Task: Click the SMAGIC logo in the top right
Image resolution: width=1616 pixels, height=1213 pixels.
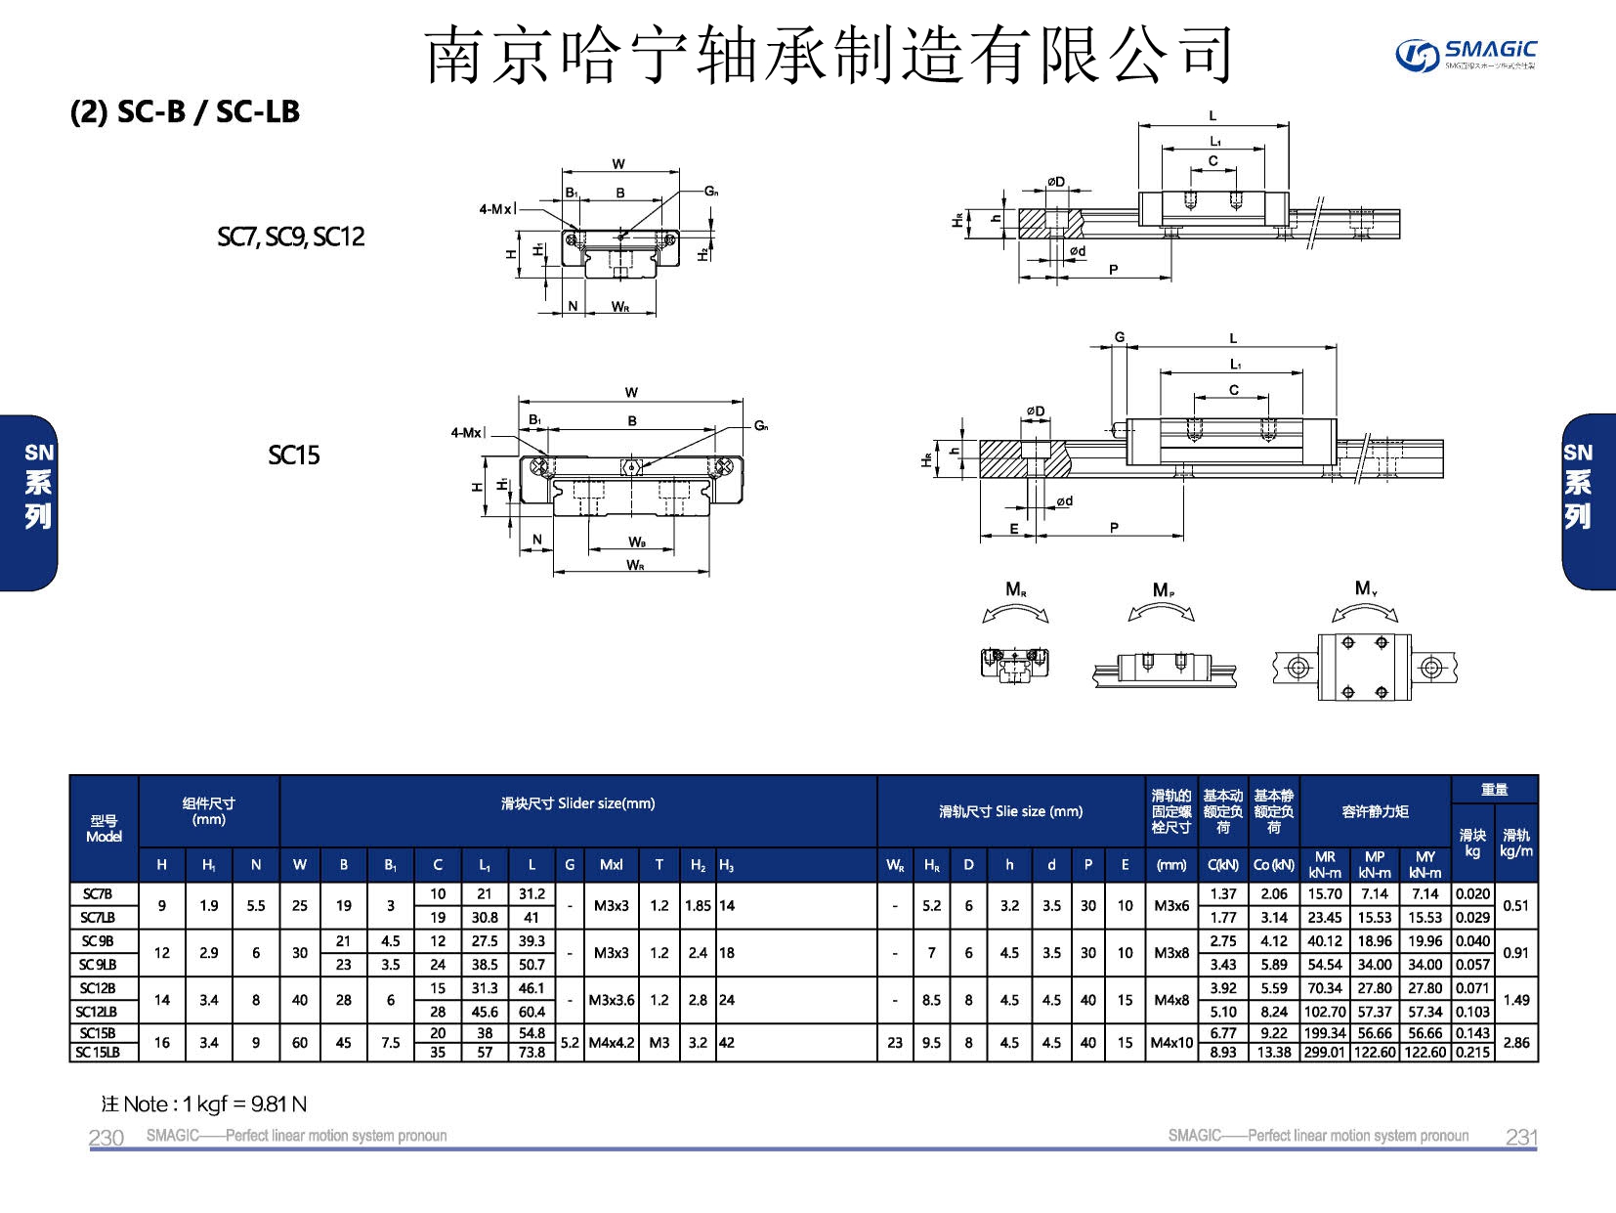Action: (1465, 54)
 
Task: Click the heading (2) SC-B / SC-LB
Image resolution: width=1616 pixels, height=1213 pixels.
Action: (185, 111)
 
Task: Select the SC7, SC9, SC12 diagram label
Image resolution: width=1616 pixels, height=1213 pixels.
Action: (290, 237)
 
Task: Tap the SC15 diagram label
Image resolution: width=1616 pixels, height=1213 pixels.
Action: (293, 455)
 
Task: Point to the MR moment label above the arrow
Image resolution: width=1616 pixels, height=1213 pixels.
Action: (1015, 589)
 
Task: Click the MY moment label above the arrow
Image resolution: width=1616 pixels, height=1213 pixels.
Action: (1365, 588)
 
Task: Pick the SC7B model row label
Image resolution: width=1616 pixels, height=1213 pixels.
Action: (98, 893)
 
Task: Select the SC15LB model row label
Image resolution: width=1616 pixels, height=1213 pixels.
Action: (98, 1053)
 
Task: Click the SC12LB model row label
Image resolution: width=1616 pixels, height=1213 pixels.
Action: (98, 1012)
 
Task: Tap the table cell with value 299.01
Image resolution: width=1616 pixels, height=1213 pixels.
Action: (1325, 1053)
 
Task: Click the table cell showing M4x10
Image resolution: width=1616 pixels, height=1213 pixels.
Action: (1171, 1043)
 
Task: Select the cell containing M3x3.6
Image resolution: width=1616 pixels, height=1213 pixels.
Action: (612, 1000)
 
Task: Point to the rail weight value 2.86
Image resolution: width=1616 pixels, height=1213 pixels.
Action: (1515, 1043)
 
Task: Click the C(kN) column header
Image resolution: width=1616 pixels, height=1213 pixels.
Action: (1222, 865)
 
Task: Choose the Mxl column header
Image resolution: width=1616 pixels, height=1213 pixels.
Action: (612, 865)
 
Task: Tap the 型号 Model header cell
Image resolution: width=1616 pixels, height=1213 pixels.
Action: (104, 829)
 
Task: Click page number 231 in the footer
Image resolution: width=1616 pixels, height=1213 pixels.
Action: (1521, 1137)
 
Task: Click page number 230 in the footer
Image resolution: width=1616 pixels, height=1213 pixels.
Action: (106, 1137)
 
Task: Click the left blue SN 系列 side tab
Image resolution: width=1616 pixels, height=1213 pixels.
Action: (37, 486)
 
